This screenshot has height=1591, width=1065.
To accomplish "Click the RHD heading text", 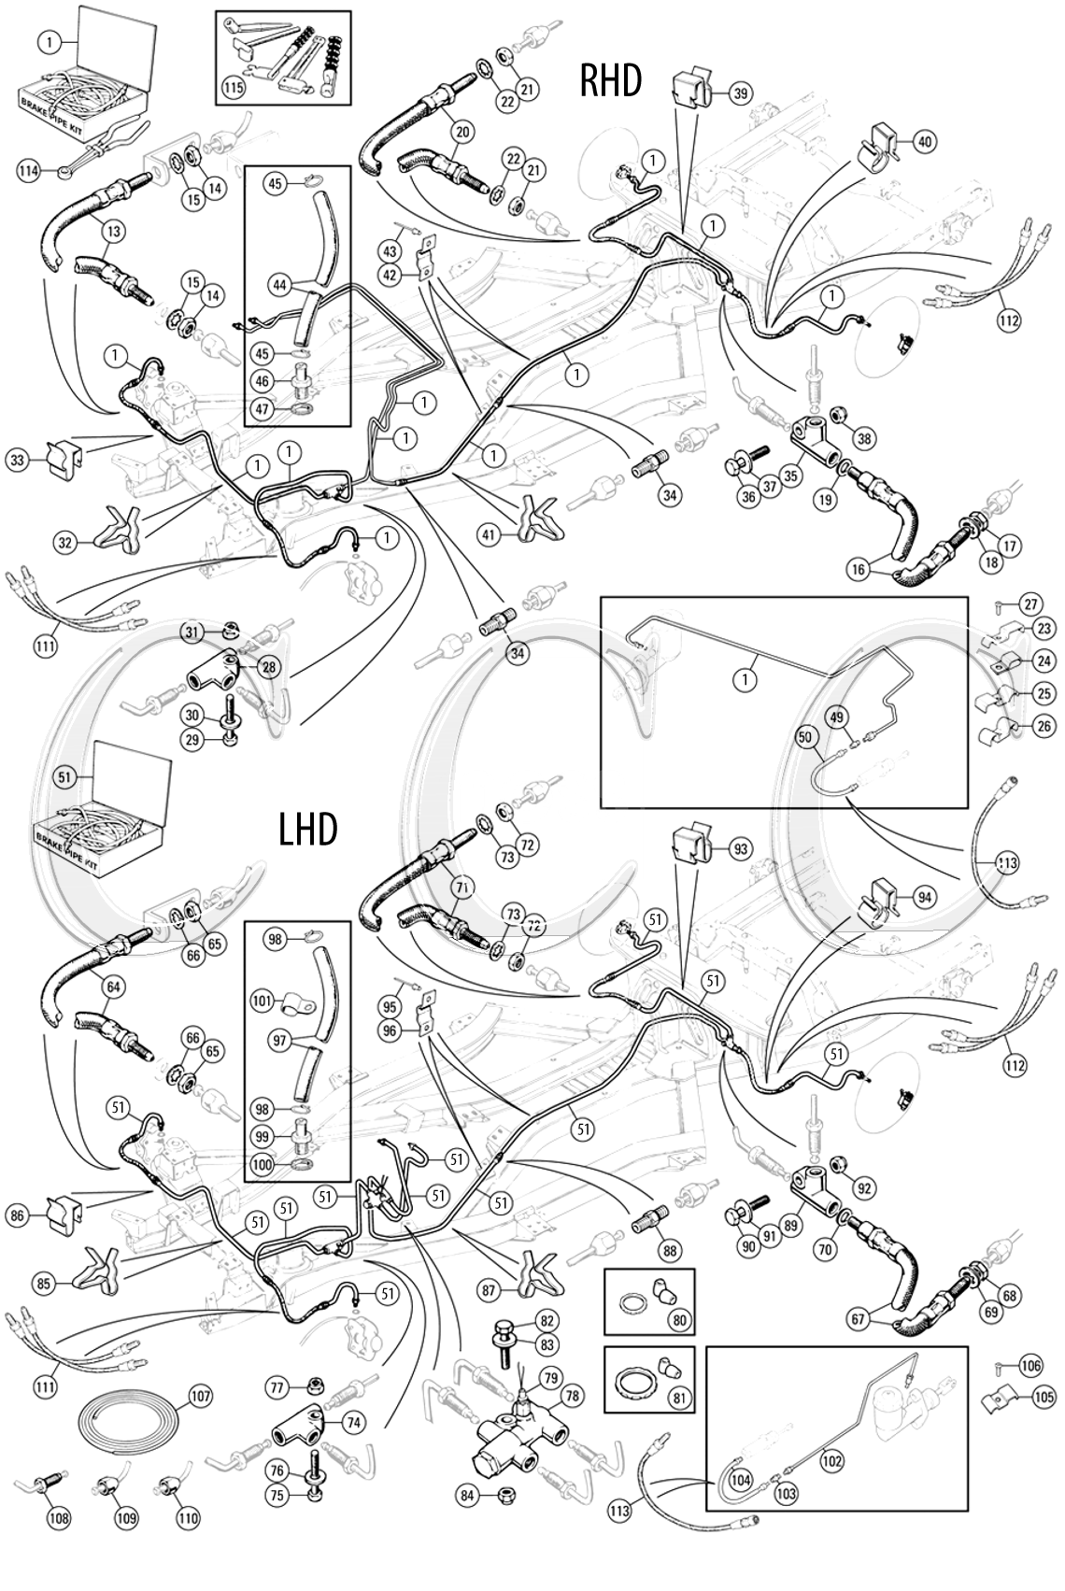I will point(611,81).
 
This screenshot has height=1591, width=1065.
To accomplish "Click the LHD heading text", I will point(308,828).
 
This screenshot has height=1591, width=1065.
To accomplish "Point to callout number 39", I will point(740,92).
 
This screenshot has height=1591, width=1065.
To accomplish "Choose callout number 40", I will point(924,142).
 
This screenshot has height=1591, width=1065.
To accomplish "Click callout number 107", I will point(200,1398).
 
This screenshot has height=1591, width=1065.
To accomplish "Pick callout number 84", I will point(468,1495).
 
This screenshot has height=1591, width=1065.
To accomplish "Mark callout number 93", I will point(740,849).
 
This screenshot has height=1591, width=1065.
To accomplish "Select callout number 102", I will point(831,1459).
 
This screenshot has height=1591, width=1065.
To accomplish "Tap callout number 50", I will point(803,737).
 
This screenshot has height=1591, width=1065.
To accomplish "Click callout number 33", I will point(18,459).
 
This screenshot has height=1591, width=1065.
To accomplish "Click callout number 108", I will point(58,1519).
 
